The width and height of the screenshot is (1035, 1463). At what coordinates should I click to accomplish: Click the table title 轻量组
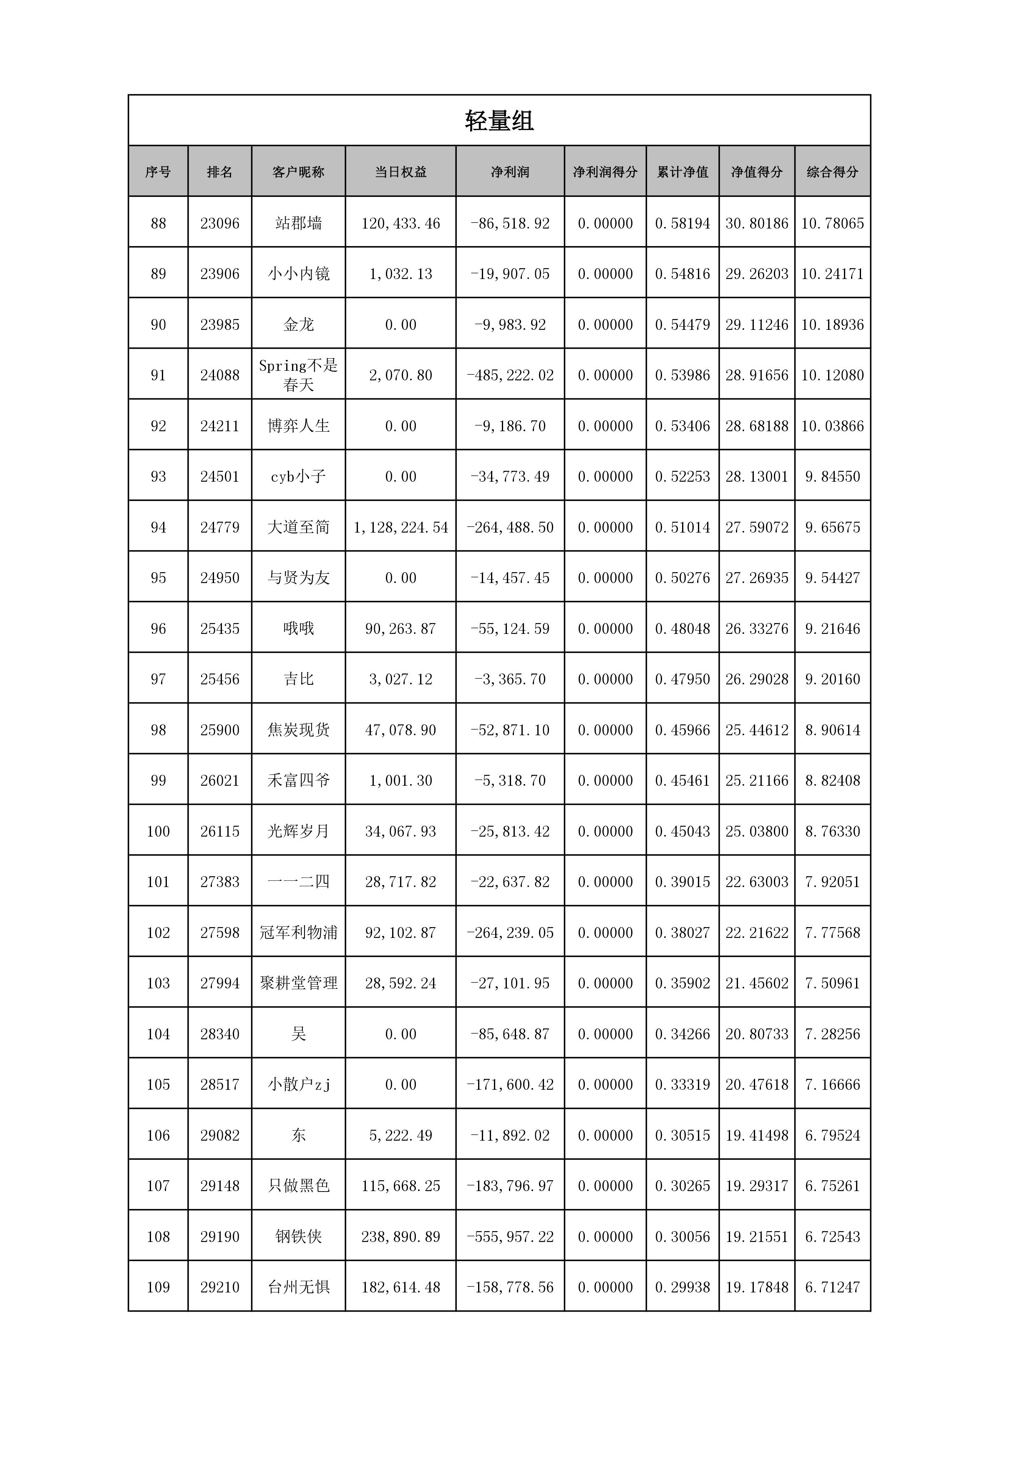tap(499, 121)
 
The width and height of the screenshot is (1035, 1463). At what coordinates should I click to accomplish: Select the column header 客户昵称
tap(298, 172)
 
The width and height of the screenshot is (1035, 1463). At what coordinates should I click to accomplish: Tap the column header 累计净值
tap(682, 172)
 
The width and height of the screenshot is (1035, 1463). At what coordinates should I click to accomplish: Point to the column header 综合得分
tap(832, 172)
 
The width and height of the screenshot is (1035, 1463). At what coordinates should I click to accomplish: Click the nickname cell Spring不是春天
tap(298, 375)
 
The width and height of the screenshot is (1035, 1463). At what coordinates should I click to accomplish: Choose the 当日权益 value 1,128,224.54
tap(400, 527)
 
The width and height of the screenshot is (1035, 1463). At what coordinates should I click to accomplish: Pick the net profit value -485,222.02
tap(510, 375)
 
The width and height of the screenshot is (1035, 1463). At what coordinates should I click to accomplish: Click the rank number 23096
tap(220, 223)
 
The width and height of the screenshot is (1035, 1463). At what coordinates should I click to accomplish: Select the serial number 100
tap(158, 831)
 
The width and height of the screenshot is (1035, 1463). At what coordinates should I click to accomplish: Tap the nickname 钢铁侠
tap(298, 1236)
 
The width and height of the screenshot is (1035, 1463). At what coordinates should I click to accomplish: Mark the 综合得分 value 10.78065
tap(832, 223)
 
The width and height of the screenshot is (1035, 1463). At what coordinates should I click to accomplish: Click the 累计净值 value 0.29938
tap(682, 1287)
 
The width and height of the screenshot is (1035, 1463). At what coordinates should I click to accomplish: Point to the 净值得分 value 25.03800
tap(756, 831)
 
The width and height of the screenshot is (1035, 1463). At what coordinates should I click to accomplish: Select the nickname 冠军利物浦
tap(298, 932)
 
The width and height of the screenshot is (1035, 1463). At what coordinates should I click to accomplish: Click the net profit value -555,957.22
tap(510, 1236)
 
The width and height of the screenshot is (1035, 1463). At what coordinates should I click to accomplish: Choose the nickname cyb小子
tap(298, 476)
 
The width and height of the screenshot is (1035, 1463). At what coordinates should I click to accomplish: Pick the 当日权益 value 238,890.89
tap(400, 1236)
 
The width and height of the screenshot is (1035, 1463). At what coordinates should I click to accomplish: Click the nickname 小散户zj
tap(298, 1084)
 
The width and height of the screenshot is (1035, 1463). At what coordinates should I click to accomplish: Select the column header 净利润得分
tap(605, 172)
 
